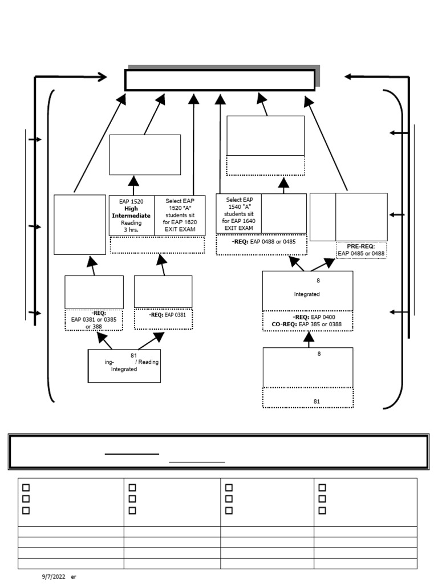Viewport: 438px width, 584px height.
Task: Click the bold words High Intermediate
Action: click(x=131, y=212)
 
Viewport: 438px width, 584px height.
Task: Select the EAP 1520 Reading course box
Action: click(x=131, y=215)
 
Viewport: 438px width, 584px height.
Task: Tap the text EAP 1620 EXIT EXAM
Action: click(x=180, y=226)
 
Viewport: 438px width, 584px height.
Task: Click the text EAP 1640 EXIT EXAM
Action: click(x=238, y=224)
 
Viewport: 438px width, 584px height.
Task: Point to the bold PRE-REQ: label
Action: click(x=362, y=246)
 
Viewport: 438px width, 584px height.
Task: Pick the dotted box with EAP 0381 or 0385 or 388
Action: click(x=94, y=320)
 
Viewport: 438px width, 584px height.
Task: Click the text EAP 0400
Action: click(x=324, y=317)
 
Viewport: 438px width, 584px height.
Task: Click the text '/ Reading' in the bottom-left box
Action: click(x=147, y=362)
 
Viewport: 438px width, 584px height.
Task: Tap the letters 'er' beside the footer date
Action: click(x=74, y=577)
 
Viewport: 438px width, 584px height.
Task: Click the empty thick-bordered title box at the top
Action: click(x=220, y=80)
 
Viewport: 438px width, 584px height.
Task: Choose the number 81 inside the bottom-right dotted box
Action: click(x=317, y=401)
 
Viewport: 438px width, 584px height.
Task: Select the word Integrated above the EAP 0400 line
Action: click(x=307, y=294)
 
